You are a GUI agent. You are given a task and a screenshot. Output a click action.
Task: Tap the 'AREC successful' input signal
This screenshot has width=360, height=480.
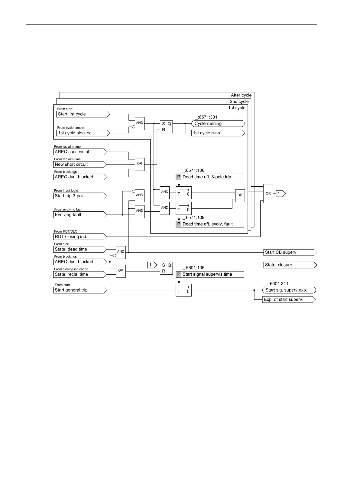(x=80, y=152)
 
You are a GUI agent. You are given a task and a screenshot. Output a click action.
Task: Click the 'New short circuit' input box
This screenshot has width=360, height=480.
(x=80, y=165)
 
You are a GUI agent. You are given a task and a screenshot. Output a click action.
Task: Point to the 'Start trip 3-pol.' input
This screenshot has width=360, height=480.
(x=80, y=196)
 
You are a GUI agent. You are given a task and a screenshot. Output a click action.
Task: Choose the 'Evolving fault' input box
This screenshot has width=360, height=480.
(x=80, y=215)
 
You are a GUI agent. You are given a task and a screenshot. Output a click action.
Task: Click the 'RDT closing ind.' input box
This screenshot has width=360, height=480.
(x=80, y=237)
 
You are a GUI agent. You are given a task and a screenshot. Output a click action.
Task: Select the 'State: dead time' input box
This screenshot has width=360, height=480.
(x=80, y=249)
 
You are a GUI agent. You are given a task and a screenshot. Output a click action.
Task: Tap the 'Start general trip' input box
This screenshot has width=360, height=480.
(x=80, y=290)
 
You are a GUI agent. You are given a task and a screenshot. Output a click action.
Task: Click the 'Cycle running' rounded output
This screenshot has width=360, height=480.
(x=218, y=123)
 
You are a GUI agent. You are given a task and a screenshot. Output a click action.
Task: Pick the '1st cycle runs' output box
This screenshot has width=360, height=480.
(x=218, y=133)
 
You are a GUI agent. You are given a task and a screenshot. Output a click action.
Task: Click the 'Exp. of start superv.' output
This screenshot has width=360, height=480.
(x=289, y=299)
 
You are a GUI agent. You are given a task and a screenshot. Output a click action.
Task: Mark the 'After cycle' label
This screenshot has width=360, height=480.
(x=241, y=95)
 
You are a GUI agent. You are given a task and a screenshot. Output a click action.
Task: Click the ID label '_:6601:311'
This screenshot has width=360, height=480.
(x=277, y=284)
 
